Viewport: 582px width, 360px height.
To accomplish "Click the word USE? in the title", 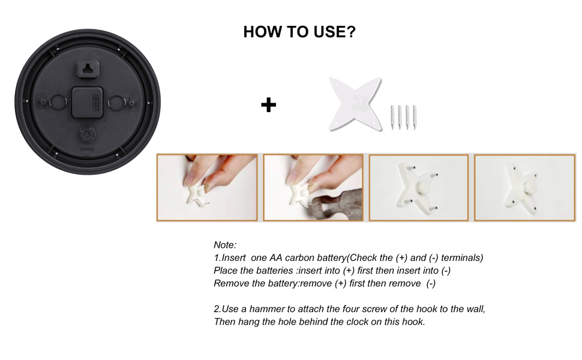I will pos(334,32).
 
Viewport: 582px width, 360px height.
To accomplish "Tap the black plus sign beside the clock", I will pos(268,105).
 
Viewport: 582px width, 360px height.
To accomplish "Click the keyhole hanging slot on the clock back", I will pos(88,69).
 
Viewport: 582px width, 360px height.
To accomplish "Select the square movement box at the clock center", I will pos(88,102).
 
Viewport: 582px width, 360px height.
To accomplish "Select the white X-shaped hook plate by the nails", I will pos(356,104).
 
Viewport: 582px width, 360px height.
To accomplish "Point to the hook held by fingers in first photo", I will pos(196,194).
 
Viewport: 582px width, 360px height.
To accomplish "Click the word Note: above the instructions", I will pos(225,245).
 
